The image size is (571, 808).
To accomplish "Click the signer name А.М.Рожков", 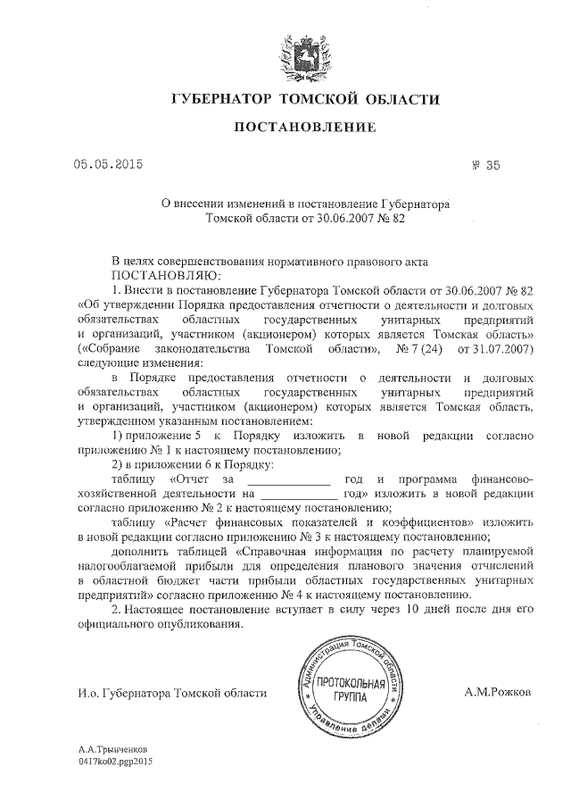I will [x=498, y=692].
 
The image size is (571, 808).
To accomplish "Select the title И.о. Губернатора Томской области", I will [x=171, y=693].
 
